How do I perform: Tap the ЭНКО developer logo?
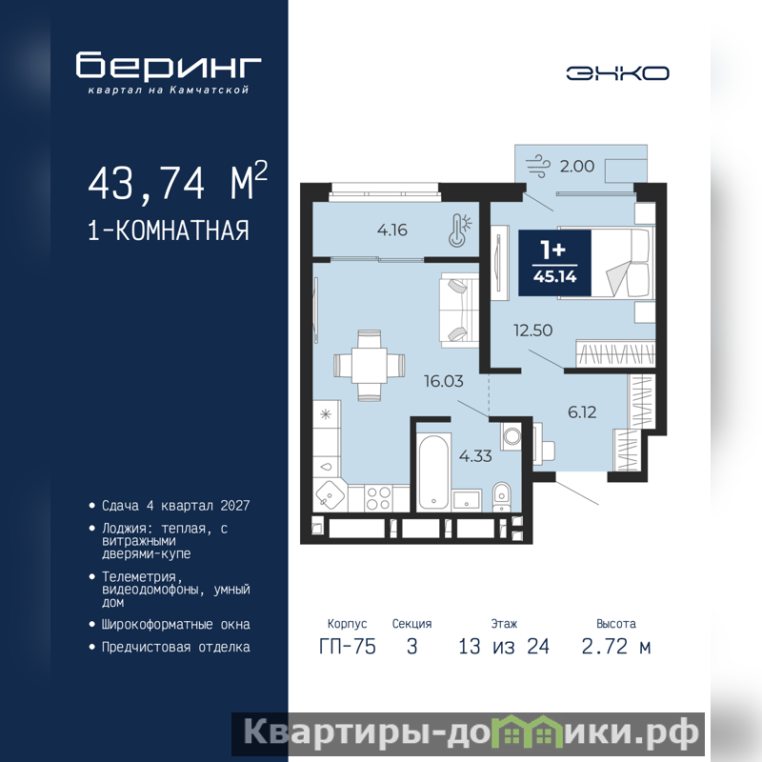tap(617, 73)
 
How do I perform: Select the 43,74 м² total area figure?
tap(177, 182)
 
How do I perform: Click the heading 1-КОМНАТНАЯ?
tap(169, 231)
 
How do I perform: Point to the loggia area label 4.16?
tap(392, 230)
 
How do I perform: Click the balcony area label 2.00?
tap(577, 166)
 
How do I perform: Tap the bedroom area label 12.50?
tap(532, 331)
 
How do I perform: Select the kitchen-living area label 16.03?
tap(443, 381)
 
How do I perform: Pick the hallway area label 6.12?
tap(582, 412)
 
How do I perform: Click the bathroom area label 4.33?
tap(475, 456)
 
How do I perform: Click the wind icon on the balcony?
tap(538, 166)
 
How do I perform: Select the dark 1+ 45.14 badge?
tap(554, 263)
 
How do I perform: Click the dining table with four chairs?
tap(369, 366)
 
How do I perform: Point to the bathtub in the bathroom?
tap(433, 472)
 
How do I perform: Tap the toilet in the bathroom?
tap(501, 496)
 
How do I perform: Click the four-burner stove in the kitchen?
tap(378, 498)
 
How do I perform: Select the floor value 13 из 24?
tap(504, 647)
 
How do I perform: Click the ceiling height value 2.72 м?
tap(615, 647)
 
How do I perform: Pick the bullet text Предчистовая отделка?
tap(176, 648)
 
